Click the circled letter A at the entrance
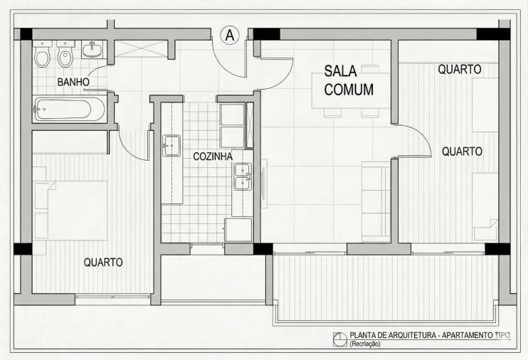229,35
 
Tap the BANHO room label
73,83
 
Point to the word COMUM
349,90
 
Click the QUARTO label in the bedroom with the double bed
103,262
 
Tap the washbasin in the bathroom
91,50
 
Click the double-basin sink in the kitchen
242,176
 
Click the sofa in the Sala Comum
376,201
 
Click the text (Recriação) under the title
365,344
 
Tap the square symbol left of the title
339,338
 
